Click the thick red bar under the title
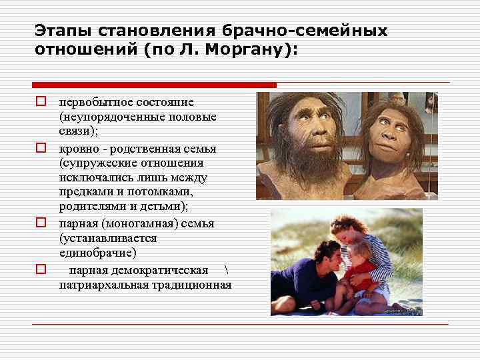tap(154, 85)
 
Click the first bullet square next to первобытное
tap(41, 102)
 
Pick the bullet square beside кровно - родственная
tap(41, 147)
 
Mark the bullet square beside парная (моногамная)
tap(41, 223)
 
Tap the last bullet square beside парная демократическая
tap(41, 269)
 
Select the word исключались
tap(95, 177)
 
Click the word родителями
tap(88, 207)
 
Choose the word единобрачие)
tap(97, 253)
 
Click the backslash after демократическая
tap(227, 269)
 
